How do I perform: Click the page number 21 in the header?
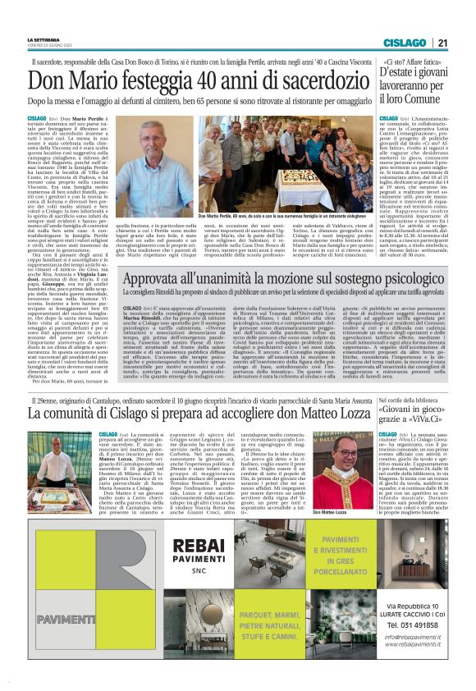442,43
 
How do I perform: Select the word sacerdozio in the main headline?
306,80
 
